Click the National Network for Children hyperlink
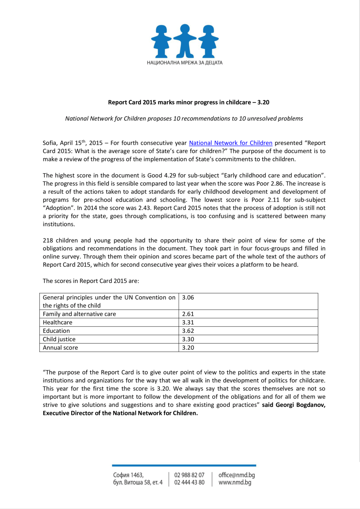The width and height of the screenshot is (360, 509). [x=230, y=143]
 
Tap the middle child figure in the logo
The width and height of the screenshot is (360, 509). [x=185, y=41]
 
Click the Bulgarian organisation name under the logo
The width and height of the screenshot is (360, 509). [x=185, y=63]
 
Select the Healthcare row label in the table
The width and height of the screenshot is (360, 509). [x=57, y=322]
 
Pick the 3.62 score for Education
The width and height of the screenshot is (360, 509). [x=188, y=331]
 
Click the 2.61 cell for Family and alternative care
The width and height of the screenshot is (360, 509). [x=188, y=314]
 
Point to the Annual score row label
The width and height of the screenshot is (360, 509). [x=60, y=348]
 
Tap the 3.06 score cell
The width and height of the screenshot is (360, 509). [x=188, y=298]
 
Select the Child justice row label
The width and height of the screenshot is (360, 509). [x=59, y=339]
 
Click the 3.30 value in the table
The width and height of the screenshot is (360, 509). [x=188, y=339]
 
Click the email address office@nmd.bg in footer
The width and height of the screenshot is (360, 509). [x=236, y=475]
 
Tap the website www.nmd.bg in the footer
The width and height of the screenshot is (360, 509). [x=235, y=482]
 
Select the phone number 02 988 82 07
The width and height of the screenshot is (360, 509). [x=189, y=475]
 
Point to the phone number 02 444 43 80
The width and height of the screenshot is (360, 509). [x=189, y=482]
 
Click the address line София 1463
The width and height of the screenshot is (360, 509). [x=128, y=475]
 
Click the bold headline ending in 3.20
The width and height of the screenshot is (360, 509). [x=188, y=102]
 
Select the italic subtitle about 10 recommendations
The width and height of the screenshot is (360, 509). [x=184, y=119]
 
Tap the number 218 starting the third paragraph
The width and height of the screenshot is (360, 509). [x=48, y=240]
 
